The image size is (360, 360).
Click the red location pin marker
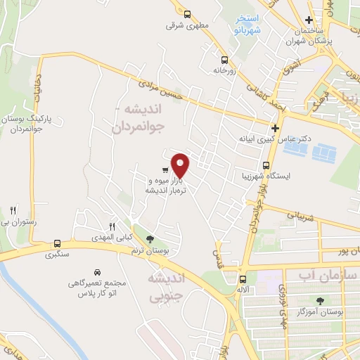pyautogui.click(x=181, y=165)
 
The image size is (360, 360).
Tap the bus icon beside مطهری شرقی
pyautogui.click(x=187, y=14)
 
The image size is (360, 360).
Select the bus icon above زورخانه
pyautogui.click(x=224, y=60)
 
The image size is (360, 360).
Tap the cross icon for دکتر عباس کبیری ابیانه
pyautogui.click(x=275, y=129)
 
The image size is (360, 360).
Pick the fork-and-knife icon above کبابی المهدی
pyautogui.click(x=112, y=226)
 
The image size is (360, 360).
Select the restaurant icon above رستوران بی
pyautogui.click(x=13, y=210)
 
